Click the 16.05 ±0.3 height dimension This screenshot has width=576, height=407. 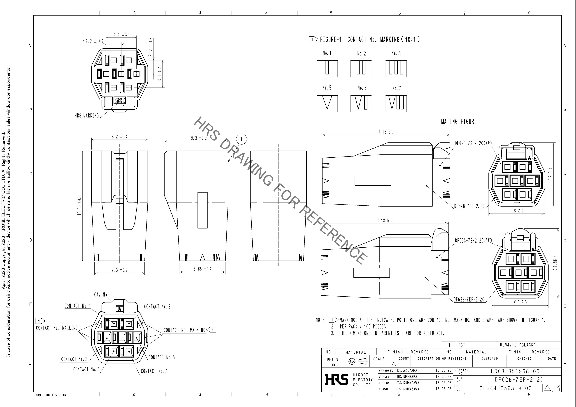pyautogui.click(x=79, y=205)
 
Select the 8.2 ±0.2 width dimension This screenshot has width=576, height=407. pyautogui.click(x=120, y=137)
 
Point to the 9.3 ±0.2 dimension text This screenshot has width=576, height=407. pyautogui.click(x=199, y=138)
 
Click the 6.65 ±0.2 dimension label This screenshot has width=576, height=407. pyautogui.click(x=203, y=269)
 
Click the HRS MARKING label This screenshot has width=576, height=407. pyautogui.click(x=87, y=116)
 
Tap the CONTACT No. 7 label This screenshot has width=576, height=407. pyautogui.click(x=154, y=371)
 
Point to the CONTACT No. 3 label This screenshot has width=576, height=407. pyautogui.click(x=74, y=359)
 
